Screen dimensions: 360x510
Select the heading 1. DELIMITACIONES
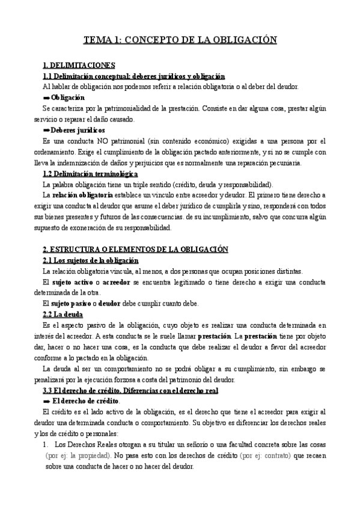(79, 65)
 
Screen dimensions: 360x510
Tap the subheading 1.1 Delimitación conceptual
(133, 76)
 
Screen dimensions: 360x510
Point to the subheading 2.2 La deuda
(63, 314)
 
